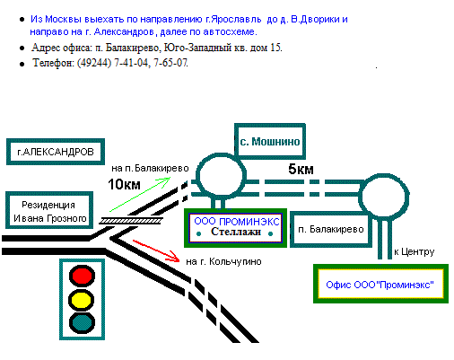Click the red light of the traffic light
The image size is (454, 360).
pos(82,276)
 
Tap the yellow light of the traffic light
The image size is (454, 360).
pos(82,300)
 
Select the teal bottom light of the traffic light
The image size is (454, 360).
pos(82,323)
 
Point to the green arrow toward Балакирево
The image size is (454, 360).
pos(140,195)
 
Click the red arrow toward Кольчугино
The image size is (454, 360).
pos(156,250)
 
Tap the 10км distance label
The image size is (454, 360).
pos(124,184)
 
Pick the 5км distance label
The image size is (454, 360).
pos(301,169)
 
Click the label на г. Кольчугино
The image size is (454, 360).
pos(223,261)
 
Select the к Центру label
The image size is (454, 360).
pos(415,252)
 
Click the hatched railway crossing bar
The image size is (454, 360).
pos(131,221)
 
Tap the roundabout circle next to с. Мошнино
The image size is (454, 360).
pos(222,154)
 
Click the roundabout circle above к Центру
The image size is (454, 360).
pos(384,174)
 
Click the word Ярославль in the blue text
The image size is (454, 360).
pos(236,19)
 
